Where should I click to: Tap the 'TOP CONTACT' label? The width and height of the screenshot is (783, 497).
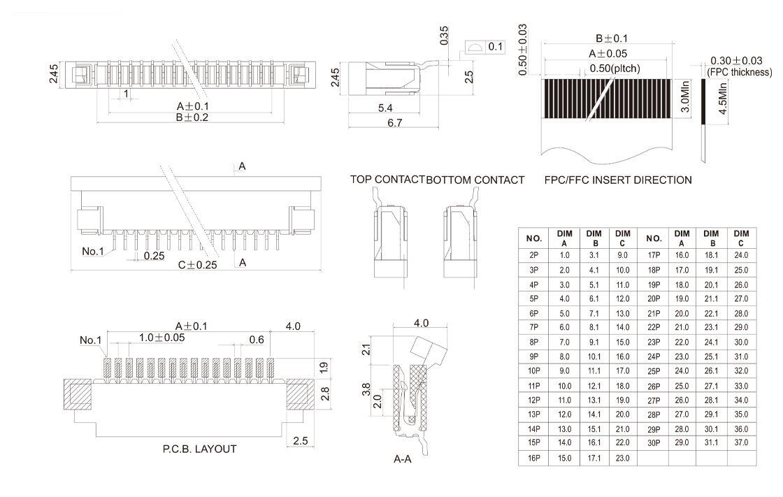point(387,180)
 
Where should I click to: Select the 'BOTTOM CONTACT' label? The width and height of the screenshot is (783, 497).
point(475,180)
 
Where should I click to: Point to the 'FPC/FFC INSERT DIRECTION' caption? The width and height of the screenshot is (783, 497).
point(618,180)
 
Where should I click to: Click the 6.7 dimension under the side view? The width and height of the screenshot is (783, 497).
point(395,123)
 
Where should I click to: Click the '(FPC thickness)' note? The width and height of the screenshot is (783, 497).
point(740,72)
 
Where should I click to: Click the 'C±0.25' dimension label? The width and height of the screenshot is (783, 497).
point(197,265)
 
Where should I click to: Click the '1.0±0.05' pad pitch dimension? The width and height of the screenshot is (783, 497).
point(161,338)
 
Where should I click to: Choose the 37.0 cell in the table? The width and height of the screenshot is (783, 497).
point(741,442)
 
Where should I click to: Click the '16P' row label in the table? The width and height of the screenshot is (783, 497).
point(534,459)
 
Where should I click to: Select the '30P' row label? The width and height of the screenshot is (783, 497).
point(653,442)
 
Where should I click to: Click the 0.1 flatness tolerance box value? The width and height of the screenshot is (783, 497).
point(495,47)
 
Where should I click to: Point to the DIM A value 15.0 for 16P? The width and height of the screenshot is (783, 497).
point(565,459)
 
